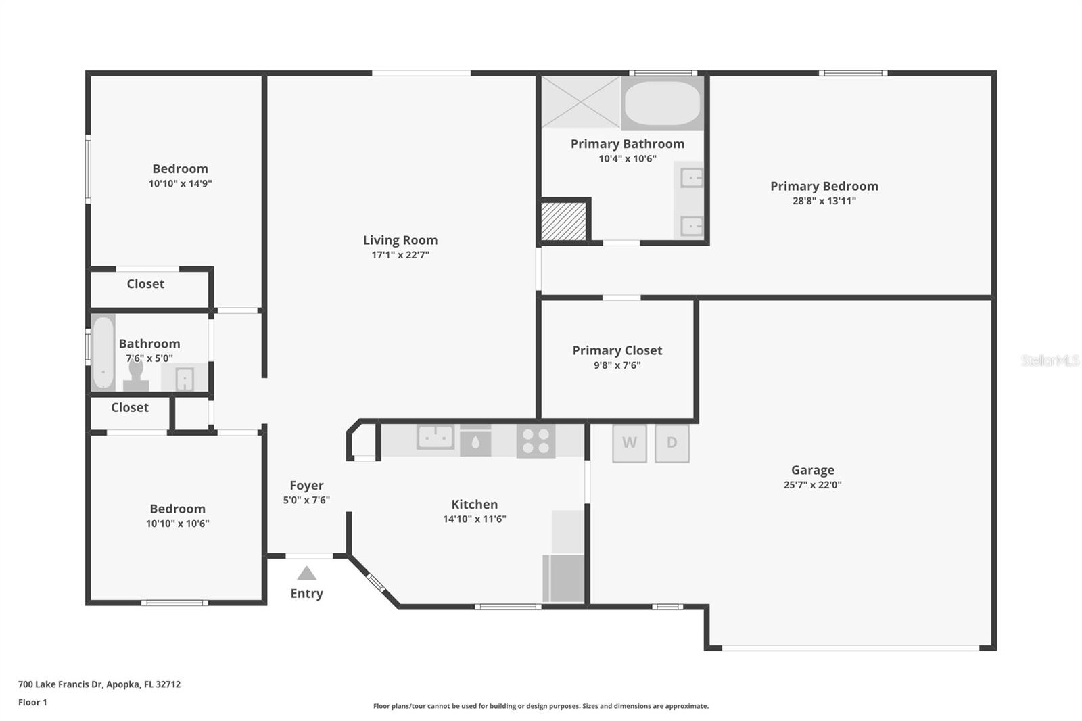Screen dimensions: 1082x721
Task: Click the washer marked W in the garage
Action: [630, 443]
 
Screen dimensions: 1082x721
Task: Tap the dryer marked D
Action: [672, 443]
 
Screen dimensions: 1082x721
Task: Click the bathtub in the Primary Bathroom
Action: [662, 103]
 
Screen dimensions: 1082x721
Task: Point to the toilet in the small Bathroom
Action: [136, 375]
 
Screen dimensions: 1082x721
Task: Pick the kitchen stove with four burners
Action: [536, 441]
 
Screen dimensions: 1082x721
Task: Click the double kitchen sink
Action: [436, 437]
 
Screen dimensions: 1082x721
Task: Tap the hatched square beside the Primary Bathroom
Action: [563, 221]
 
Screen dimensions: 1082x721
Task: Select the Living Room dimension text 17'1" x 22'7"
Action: [400, 255]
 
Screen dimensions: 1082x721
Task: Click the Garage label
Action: [812, 469]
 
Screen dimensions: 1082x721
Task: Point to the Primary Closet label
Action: [617, 350]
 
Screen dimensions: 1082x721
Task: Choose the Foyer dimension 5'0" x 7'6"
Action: [306, 500]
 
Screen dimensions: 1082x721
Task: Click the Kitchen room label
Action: [474, 504]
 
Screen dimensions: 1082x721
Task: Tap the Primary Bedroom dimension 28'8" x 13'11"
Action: [824, 201]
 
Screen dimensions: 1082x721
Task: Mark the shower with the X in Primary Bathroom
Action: [581, 102]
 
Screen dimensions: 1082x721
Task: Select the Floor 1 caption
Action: [32, 702]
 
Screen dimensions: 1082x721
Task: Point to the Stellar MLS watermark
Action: [1050, 360]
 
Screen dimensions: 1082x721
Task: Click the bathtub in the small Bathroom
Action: [103, 352]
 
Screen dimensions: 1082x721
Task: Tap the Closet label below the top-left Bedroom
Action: [145, 283]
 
